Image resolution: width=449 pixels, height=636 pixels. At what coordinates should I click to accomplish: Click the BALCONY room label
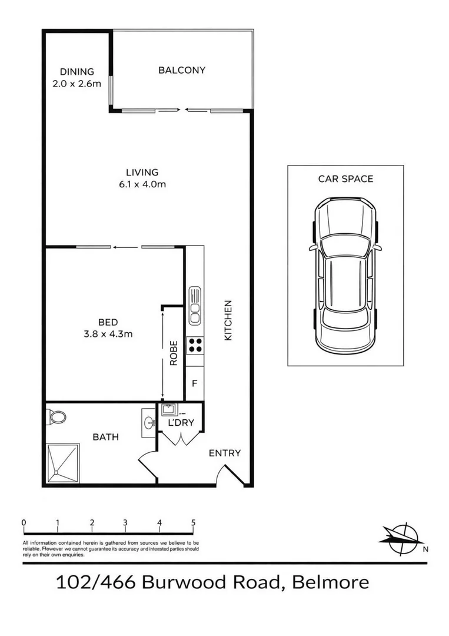pos(182,70)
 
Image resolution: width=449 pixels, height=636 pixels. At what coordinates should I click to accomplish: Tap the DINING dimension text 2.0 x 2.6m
pos(77,83)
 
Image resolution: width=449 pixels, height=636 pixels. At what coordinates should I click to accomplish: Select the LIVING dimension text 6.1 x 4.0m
pos(142,184)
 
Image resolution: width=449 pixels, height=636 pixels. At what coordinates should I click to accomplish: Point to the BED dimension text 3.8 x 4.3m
pos(108,333)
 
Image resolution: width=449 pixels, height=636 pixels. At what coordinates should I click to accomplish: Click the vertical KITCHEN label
pos(228,320)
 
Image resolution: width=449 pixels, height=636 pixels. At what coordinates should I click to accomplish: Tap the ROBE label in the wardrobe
pos(174,353)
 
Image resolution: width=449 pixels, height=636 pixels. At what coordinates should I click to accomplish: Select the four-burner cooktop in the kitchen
pos(194,345)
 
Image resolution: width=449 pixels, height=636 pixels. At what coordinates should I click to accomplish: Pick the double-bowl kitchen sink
pos(194,305)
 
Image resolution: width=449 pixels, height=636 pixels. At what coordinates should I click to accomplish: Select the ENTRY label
pos(225,453)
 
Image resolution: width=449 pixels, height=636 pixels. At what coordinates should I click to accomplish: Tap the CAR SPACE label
pos(345,178)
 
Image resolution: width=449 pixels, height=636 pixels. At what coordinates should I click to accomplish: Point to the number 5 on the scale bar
pos(193,522)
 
